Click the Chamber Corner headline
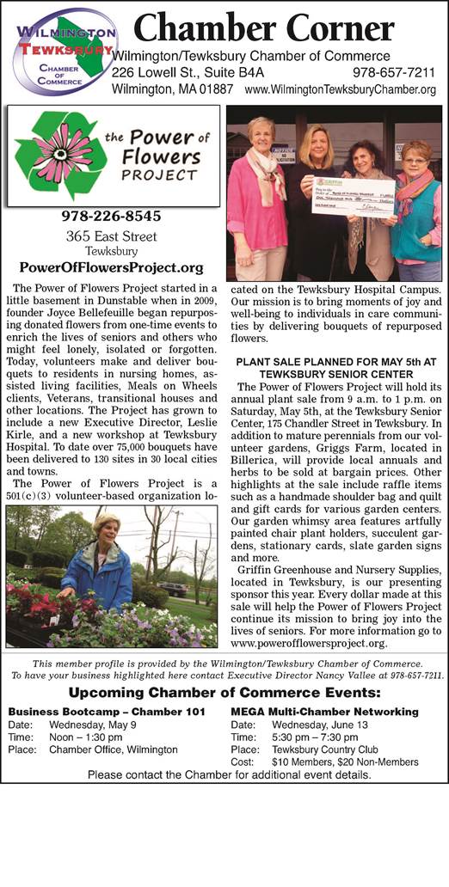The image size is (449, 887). point(264,28)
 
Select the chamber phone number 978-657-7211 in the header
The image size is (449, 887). point(394,73)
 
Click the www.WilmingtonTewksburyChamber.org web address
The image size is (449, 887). point(340,89)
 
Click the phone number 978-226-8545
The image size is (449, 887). point(112,216)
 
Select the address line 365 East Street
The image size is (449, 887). point(112,236)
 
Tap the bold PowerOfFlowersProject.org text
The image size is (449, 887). point(112,267)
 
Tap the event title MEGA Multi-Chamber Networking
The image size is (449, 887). point(324,713)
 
